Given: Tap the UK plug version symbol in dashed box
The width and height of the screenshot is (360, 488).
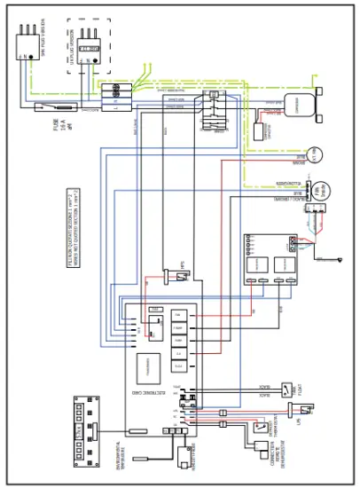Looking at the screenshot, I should [89, 51].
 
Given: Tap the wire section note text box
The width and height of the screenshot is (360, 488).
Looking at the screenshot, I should [75, 229].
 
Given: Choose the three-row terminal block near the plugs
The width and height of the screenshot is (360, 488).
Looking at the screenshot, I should [111, 96].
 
